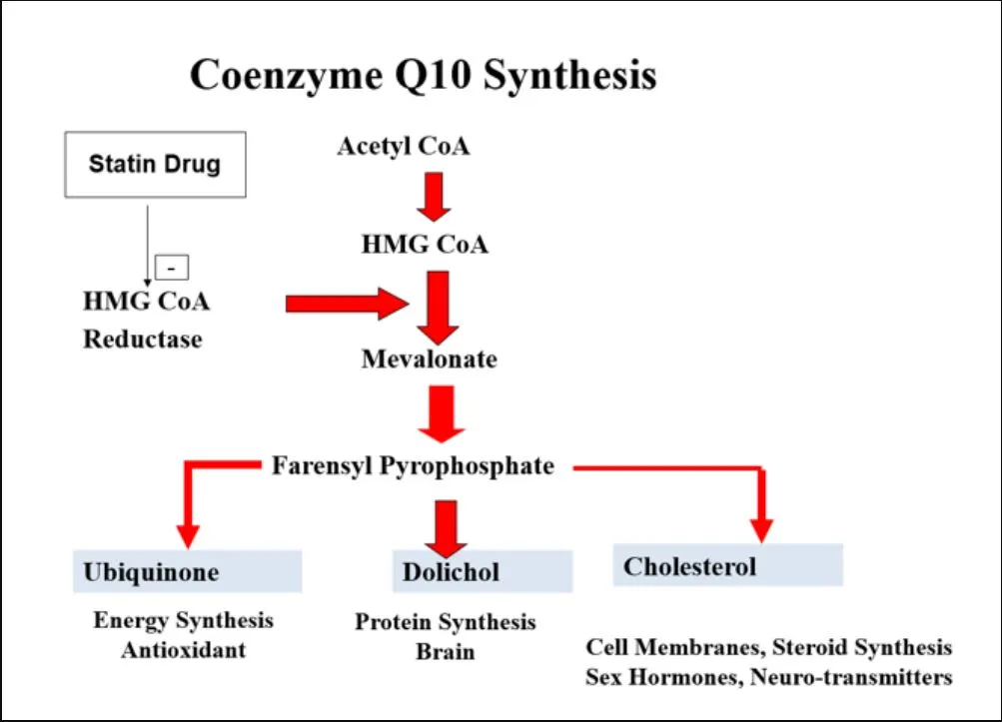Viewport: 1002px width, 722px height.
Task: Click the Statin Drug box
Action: coord(154,163)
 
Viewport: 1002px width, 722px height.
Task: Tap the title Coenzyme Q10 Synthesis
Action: coord(423,75)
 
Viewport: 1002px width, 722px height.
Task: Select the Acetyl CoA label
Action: coord(403,147)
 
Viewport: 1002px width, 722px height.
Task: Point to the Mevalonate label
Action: coord(429,359)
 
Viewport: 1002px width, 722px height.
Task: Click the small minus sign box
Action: coord(172,267)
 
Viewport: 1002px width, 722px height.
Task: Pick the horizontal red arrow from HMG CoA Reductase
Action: coord(345,304)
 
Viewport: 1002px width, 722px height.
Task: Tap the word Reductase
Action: coord(142,340)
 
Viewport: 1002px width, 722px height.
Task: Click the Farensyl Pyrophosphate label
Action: coord(413,465)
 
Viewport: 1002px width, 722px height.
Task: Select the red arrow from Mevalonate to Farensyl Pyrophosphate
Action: coord(441,412)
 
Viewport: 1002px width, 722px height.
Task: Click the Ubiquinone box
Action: coord(187,571)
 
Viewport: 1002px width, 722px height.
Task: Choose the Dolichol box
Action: coord(482,571)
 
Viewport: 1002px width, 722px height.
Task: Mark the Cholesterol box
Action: coord(727,566)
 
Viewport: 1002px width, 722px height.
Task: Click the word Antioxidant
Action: coord(183,650)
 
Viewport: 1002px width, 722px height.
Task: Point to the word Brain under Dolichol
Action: coord(446,652)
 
